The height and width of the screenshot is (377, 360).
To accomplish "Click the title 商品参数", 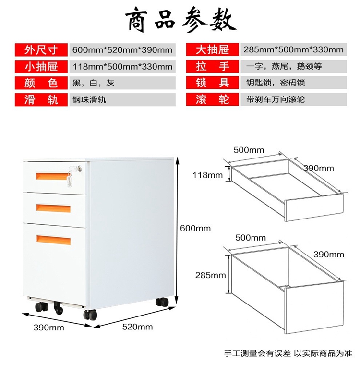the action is coord(180,20).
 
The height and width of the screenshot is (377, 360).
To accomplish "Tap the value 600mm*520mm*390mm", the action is coord(122,49).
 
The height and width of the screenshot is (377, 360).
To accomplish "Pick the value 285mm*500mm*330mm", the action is coord(293,49).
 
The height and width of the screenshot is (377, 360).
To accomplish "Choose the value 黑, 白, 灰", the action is coord(94,83).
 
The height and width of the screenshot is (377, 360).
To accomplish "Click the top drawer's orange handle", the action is coord(52,176).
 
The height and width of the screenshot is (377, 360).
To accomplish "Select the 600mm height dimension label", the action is coord(195,228).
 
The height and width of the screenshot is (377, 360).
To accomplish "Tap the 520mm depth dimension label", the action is coord(138,327).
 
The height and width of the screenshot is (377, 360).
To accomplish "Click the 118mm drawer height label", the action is coord(207,175).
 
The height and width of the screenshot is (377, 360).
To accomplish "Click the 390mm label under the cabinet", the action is coord(49,328).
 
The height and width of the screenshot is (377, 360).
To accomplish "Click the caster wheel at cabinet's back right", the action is coord(162,303).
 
